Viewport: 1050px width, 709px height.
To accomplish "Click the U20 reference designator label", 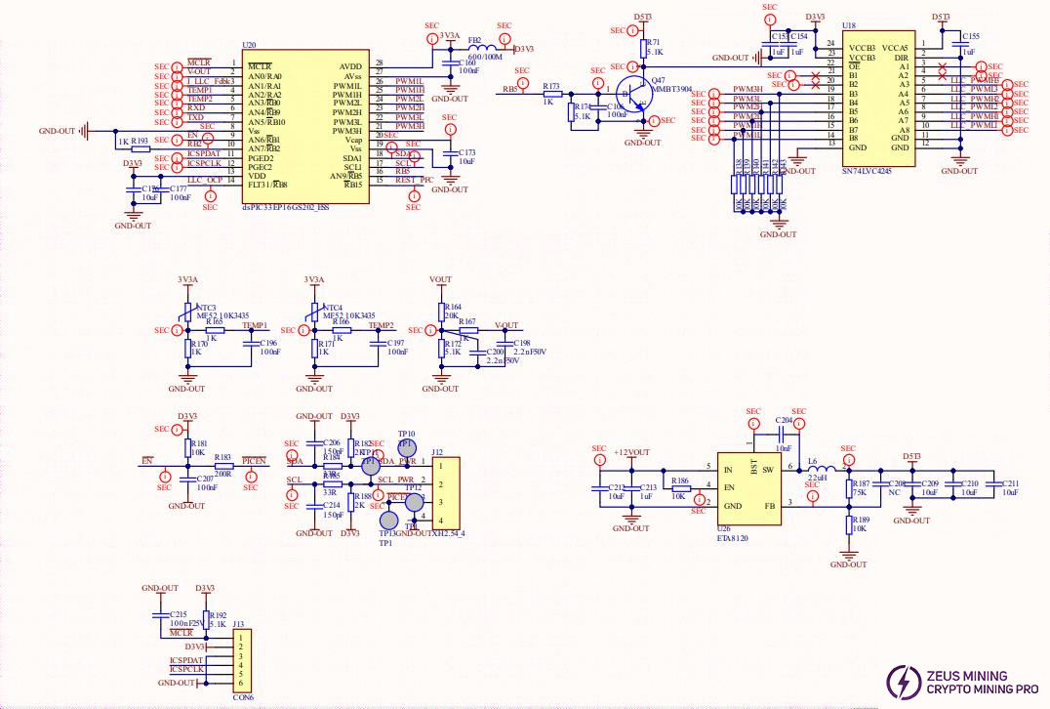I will click(249, 46).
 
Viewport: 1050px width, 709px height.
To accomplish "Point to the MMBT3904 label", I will click(672, 88).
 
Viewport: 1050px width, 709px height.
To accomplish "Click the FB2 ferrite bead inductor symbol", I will click(483, 48).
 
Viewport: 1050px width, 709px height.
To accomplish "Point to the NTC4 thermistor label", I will click(333, 308).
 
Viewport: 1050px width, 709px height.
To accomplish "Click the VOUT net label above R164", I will click(440, 279).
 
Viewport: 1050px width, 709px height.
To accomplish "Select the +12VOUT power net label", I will click(632, 452).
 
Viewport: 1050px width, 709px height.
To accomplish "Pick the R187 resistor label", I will click(861, 483).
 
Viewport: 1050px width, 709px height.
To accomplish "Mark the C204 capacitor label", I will click(784, 420).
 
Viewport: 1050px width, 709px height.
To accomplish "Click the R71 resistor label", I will click(654, 43).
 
